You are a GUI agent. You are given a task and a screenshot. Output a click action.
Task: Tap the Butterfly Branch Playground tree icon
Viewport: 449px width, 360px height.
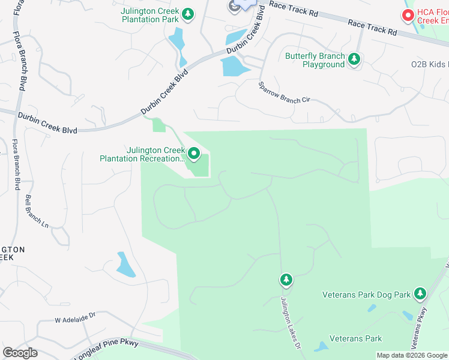tap(355, 59)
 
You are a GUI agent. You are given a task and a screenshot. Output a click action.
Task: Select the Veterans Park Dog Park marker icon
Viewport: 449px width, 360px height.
tap(420, 294)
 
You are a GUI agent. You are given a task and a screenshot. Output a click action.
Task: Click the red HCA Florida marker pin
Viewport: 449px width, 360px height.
tap(408, 15)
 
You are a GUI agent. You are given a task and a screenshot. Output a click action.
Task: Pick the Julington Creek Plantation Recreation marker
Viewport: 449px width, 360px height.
tap(194, 154)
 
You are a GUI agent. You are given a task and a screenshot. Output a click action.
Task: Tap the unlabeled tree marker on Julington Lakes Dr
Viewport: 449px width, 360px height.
tap(286, 280)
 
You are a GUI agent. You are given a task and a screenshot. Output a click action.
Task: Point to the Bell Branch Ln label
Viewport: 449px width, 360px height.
tap(37, 211)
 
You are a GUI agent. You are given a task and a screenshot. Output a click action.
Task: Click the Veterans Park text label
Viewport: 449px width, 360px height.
tap(356, 339)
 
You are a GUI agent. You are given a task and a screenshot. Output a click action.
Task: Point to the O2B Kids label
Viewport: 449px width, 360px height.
tap(430, 64)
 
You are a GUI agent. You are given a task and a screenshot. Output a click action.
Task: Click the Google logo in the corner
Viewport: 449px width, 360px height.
tap(20, 353)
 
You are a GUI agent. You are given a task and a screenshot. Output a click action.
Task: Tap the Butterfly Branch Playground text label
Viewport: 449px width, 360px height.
tap(315, 60)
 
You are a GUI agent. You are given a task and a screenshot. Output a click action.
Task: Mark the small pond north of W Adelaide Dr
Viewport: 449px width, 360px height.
tap(125, 265)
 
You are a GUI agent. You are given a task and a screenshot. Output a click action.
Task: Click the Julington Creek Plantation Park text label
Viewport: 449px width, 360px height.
tap(150, 15)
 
